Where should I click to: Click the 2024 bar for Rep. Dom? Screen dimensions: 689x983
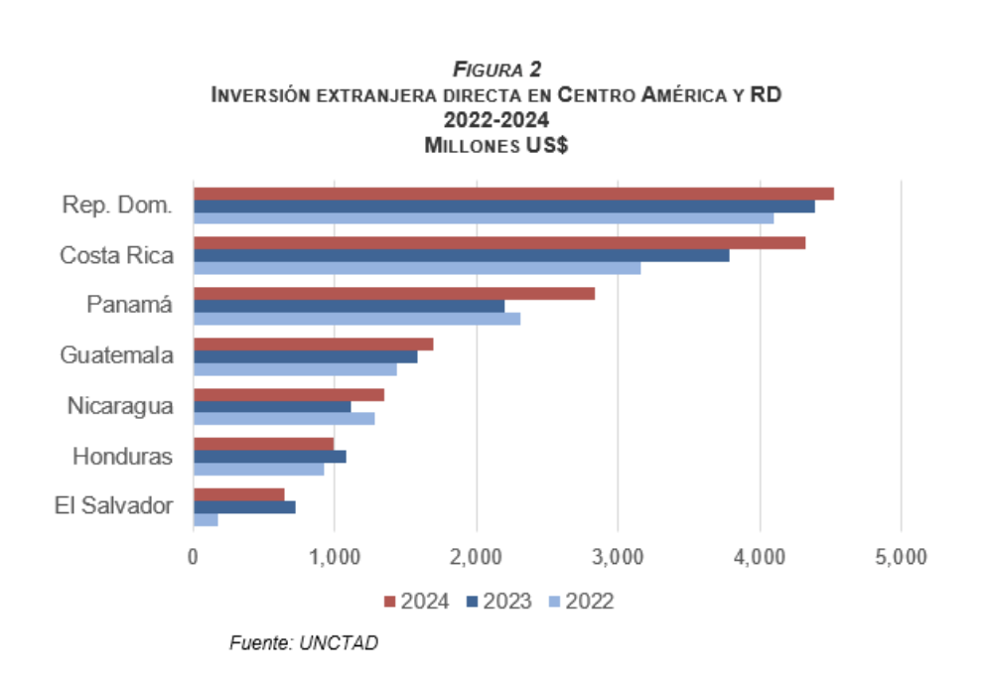pyautogui.click(x=513, y=194)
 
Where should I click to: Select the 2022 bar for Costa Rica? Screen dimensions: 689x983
pyautogui.click(x=417, y=268)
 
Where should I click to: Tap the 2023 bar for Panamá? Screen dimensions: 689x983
pyautogui.click(x=349, y=306)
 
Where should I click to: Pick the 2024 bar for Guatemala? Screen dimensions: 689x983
pyautogui.click(x=313, y=344)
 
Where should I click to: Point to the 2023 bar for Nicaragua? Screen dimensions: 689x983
pyautogui.click(x=272, y=407)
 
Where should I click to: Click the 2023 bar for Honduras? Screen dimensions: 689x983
pyautogui.click(x=269, y=457)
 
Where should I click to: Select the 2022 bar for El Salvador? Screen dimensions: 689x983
pyautogui.click(x=206, y=520)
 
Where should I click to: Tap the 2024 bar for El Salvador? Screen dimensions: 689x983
pyautogui.click(x=238, y=494)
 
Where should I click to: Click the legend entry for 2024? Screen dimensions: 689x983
pyautogui.click(x=417, y=602)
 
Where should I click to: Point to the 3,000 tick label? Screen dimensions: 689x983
pyautogui.click(x=618, y=557)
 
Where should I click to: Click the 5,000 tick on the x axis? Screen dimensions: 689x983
pyautogui.click(x=901, y=557)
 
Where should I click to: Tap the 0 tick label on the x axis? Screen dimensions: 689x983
pyautogui.click(x=193, y=557)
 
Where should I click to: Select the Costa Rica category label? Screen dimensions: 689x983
pyautogui.click(x=116, y=255)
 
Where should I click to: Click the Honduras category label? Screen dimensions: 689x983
pyautogui.click(x=123, y=457)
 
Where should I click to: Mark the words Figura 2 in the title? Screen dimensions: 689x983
pyautogui.click(x=496, y=69)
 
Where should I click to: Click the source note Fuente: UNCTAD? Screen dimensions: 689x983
pyautogui.click(x=304, y=643)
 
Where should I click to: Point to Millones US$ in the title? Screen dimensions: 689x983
pyautogui.click(x=496, y=145)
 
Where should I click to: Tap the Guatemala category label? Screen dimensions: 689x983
pyautogui.click(x=116, y=355)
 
